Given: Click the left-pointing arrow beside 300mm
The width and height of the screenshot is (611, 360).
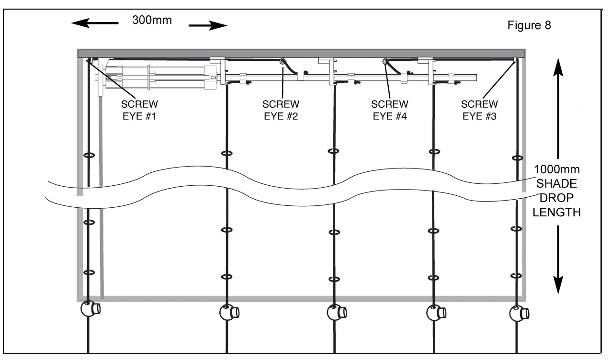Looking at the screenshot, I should pos(94,23).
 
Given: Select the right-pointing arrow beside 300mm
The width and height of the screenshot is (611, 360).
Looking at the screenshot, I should pos(207,25).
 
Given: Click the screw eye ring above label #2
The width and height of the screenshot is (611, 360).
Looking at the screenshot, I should pos(283,61).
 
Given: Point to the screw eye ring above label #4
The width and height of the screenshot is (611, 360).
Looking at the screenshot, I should pos(385,61).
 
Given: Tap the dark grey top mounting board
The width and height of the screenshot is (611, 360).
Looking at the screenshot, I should pos(302,53).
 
